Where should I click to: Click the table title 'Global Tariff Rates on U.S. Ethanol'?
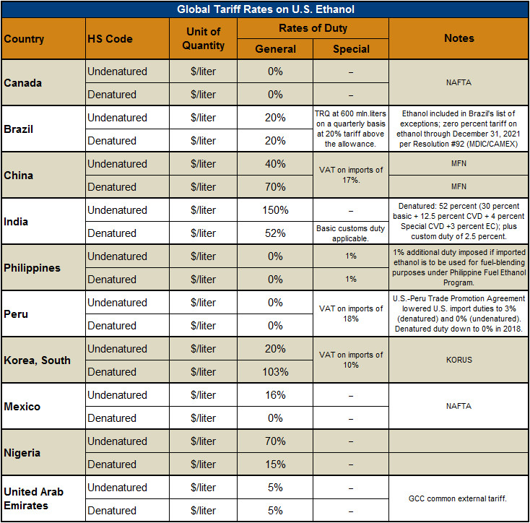tap(264, 9)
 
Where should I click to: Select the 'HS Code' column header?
tap(110, 39)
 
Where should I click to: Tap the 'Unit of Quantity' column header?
tap(203, 39)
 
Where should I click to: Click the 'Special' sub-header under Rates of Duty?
tap(351, 49)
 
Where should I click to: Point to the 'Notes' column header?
tap(459, 39)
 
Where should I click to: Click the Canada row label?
tap(23, 83)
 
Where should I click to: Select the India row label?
tap(17, 222)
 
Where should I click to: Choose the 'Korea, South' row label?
tap(38, 360)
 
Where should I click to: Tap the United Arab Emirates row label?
tap(34, 498)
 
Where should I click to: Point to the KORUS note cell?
tap(459, 360)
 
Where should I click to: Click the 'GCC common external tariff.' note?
tap(459, 499)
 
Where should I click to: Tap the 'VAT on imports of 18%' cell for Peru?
tap(351, 314)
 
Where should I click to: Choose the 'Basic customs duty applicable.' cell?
tap(351, 233)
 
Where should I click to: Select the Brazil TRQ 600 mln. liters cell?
tap(351, 129)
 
